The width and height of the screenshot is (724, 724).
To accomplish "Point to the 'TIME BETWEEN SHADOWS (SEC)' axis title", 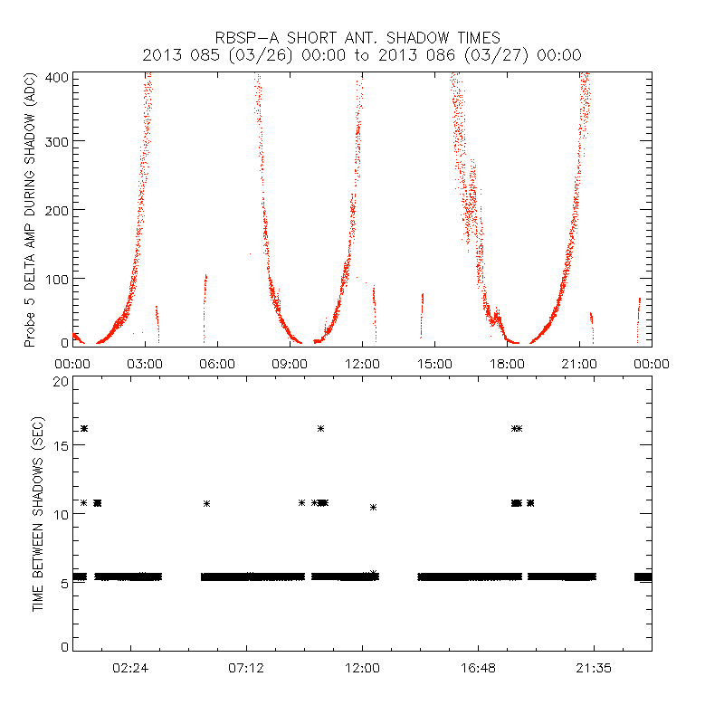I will (x=38, y=513).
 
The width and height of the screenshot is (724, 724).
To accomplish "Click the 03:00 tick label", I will (x=145, y=364).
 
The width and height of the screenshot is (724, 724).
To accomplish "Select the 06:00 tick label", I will (x=217, y=364).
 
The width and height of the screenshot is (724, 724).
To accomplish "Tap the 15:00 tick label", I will (x=434, y=364).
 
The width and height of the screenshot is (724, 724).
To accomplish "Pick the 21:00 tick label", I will (x=579, y=364).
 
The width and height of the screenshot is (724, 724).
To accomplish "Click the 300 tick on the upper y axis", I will (x=59, y=141).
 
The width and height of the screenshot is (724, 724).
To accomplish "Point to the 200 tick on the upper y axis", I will (x=59, y=209).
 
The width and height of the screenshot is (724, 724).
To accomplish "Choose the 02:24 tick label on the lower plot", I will (x=130, y=670).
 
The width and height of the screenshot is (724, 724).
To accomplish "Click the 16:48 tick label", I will (x=478, y=670).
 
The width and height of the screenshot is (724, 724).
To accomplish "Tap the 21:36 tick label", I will (x=594, y=670).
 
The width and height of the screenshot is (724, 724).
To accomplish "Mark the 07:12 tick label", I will (x=246, y=670).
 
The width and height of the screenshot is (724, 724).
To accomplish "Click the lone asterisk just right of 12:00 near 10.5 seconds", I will (x=373, y=507).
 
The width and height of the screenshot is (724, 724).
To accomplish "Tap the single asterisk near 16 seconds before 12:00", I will (x=320, y=428).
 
